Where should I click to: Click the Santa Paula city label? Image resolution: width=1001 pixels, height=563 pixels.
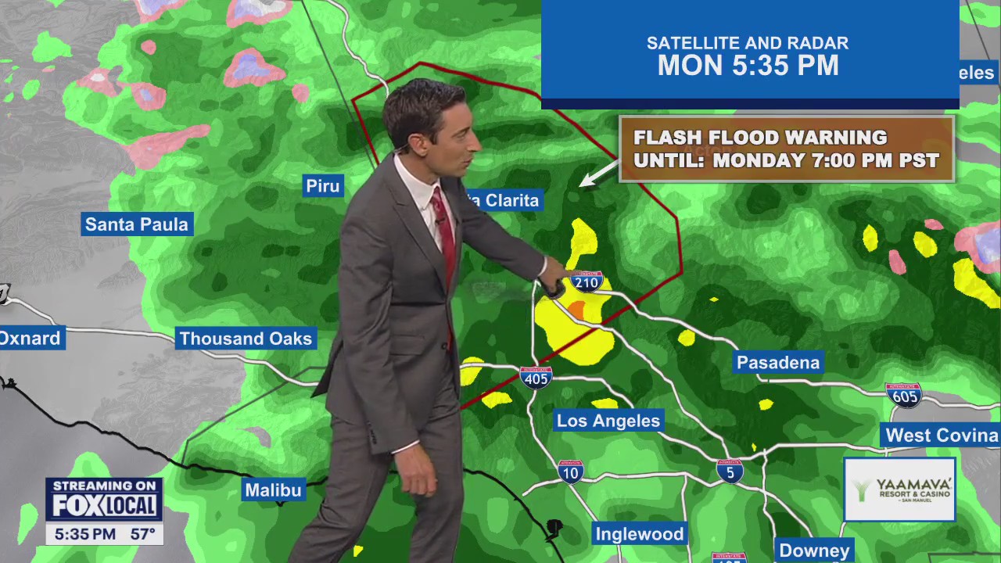[x=137, y=224]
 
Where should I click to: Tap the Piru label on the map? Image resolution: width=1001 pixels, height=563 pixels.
[x=323, y=186]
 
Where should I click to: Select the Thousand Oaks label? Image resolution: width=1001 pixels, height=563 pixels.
[x=246, y=339]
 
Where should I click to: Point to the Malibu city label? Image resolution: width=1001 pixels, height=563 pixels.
[x=273, y=490]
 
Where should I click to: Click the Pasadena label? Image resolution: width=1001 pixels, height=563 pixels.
[x=778, y=363]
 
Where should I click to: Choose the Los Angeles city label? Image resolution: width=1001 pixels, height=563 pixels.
[x=608, y=421]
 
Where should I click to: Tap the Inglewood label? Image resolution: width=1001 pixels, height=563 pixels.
[x=640, y=534]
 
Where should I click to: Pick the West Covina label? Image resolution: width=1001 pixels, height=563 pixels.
[x=942, y=436]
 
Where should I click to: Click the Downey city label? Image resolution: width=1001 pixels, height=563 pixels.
[x=814, y=550]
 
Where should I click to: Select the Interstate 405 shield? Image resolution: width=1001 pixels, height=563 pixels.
[x=536, y=378]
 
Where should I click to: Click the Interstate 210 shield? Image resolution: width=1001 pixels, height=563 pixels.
[x=586, y=281]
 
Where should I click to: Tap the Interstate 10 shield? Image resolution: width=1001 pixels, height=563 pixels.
[x=570, y=472]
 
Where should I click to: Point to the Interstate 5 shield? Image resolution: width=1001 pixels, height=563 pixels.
[x=730, y=471]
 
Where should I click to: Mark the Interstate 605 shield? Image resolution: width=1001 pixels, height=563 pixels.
[x=903, y=395]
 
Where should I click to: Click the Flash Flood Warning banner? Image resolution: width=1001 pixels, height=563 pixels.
[x=786, y=149]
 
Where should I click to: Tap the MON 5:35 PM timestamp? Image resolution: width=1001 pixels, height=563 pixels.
[x=748, y=66]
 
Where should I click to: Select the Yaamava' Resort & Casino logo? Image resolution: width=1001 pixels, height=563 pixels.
[x=899, y=490]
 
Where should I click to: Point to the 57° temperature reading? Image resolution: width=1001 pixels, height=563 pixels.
[x=142, y=535]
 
